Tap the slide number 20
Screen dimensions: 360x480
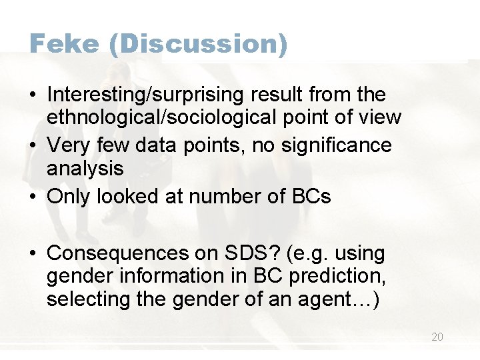(437, 337)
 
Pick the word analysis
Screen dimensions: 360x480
(85, 168)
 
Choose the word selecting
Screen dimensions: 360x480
(85, 299)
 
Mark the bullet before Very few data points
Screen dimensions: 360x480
(33, 145)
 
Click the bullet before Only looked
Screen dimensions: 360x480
(33, 197)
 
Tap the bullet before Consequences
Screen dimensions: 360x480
(33, 254)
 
